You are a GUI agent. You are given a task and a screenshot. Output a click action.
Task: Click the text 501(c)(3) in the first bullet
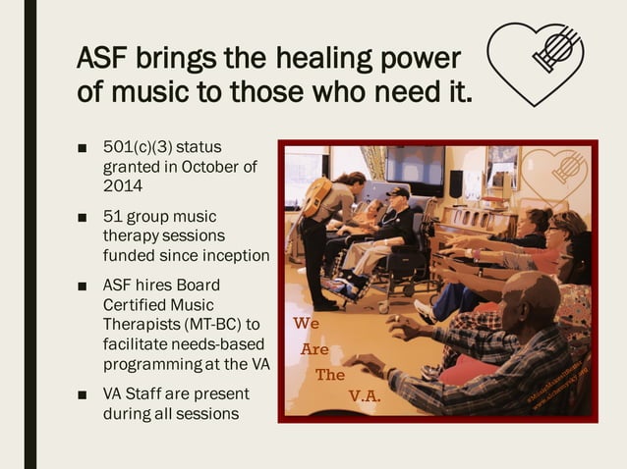click(137, 147)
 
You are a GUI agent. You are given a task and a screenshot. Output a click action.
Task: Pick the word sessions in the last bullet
click(205, 413)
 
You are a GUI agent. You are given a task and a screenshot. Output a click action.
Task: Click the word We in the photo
click(306, 323)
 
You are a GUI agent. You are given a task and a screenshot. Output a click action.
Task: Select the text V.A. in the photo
click(365, 397)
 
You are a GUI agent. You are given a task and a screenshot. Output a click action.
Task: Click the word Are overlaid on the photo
click(315, 348)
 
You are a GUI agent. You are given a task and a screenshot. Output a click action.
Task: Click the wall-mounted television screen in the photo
click(414, 168)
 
